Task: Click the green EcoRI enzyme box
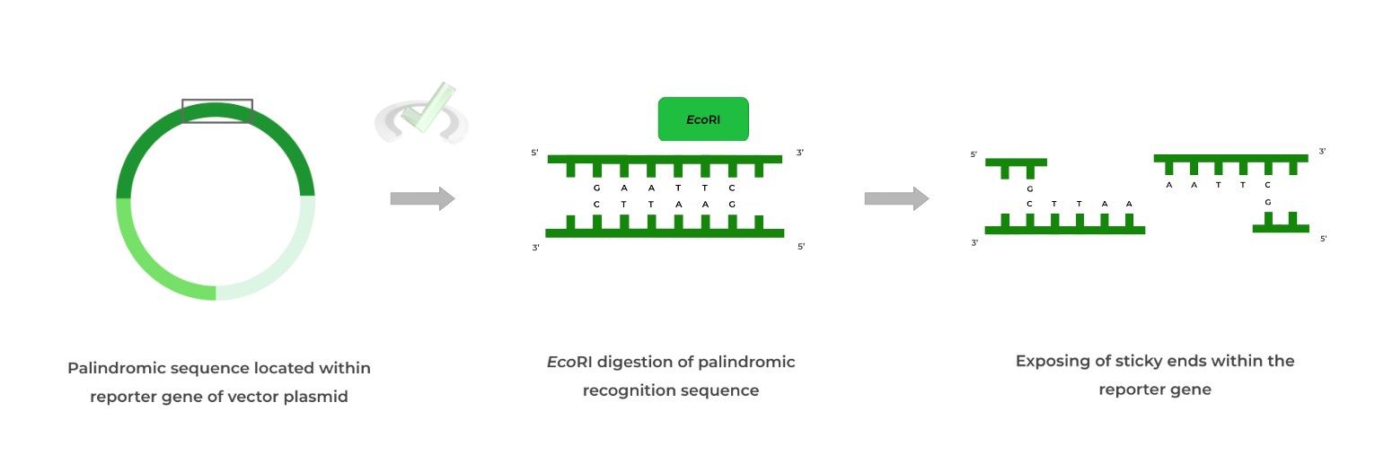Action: click(x=703, y=119)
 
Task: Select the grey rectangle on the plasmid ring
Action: click(x=217, y=110)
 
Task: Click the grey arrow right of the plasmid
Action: click(x=422, y=198)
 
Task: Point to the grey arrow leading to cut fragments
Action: click(x=896, y=198)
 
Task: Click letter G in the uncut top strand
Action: click(x=597, y=188)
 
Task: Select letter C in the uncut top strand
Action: click(x=732, y=188)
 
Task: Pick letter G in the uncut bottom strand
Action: click(x=732, y=205)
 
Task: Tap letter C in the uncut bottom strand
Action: click(x=597, y=205)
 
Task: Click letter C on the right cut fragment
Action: click(x=1267, y=185)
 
